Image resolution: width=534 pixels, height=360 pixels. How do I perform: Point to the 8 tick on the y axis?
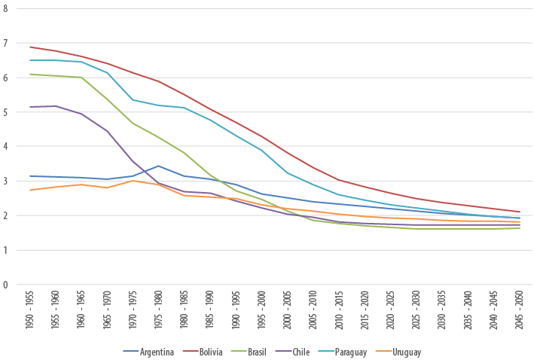6,8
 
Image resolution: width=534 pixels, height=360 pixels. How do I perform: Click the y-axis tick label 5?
6,112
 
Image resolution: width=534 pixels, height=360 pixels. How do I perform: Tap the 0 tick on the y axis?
6,285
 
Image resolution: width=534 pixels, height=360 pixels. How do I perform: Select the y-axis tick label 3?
6,182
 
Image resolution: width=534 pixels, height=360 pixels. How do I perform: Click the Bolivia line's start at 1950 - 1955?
29,47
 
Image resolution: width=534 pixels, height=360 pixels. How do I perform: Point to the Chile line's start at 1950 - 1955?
29,107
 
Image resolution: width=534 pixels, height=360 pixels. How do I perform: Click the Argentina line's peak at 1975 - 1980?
157,166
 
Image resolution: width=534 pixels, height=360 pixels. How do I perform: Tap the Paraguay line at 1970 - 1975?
132,99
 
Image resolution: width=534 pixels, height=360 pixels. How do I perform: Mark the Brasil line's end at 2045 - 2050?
519,228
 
